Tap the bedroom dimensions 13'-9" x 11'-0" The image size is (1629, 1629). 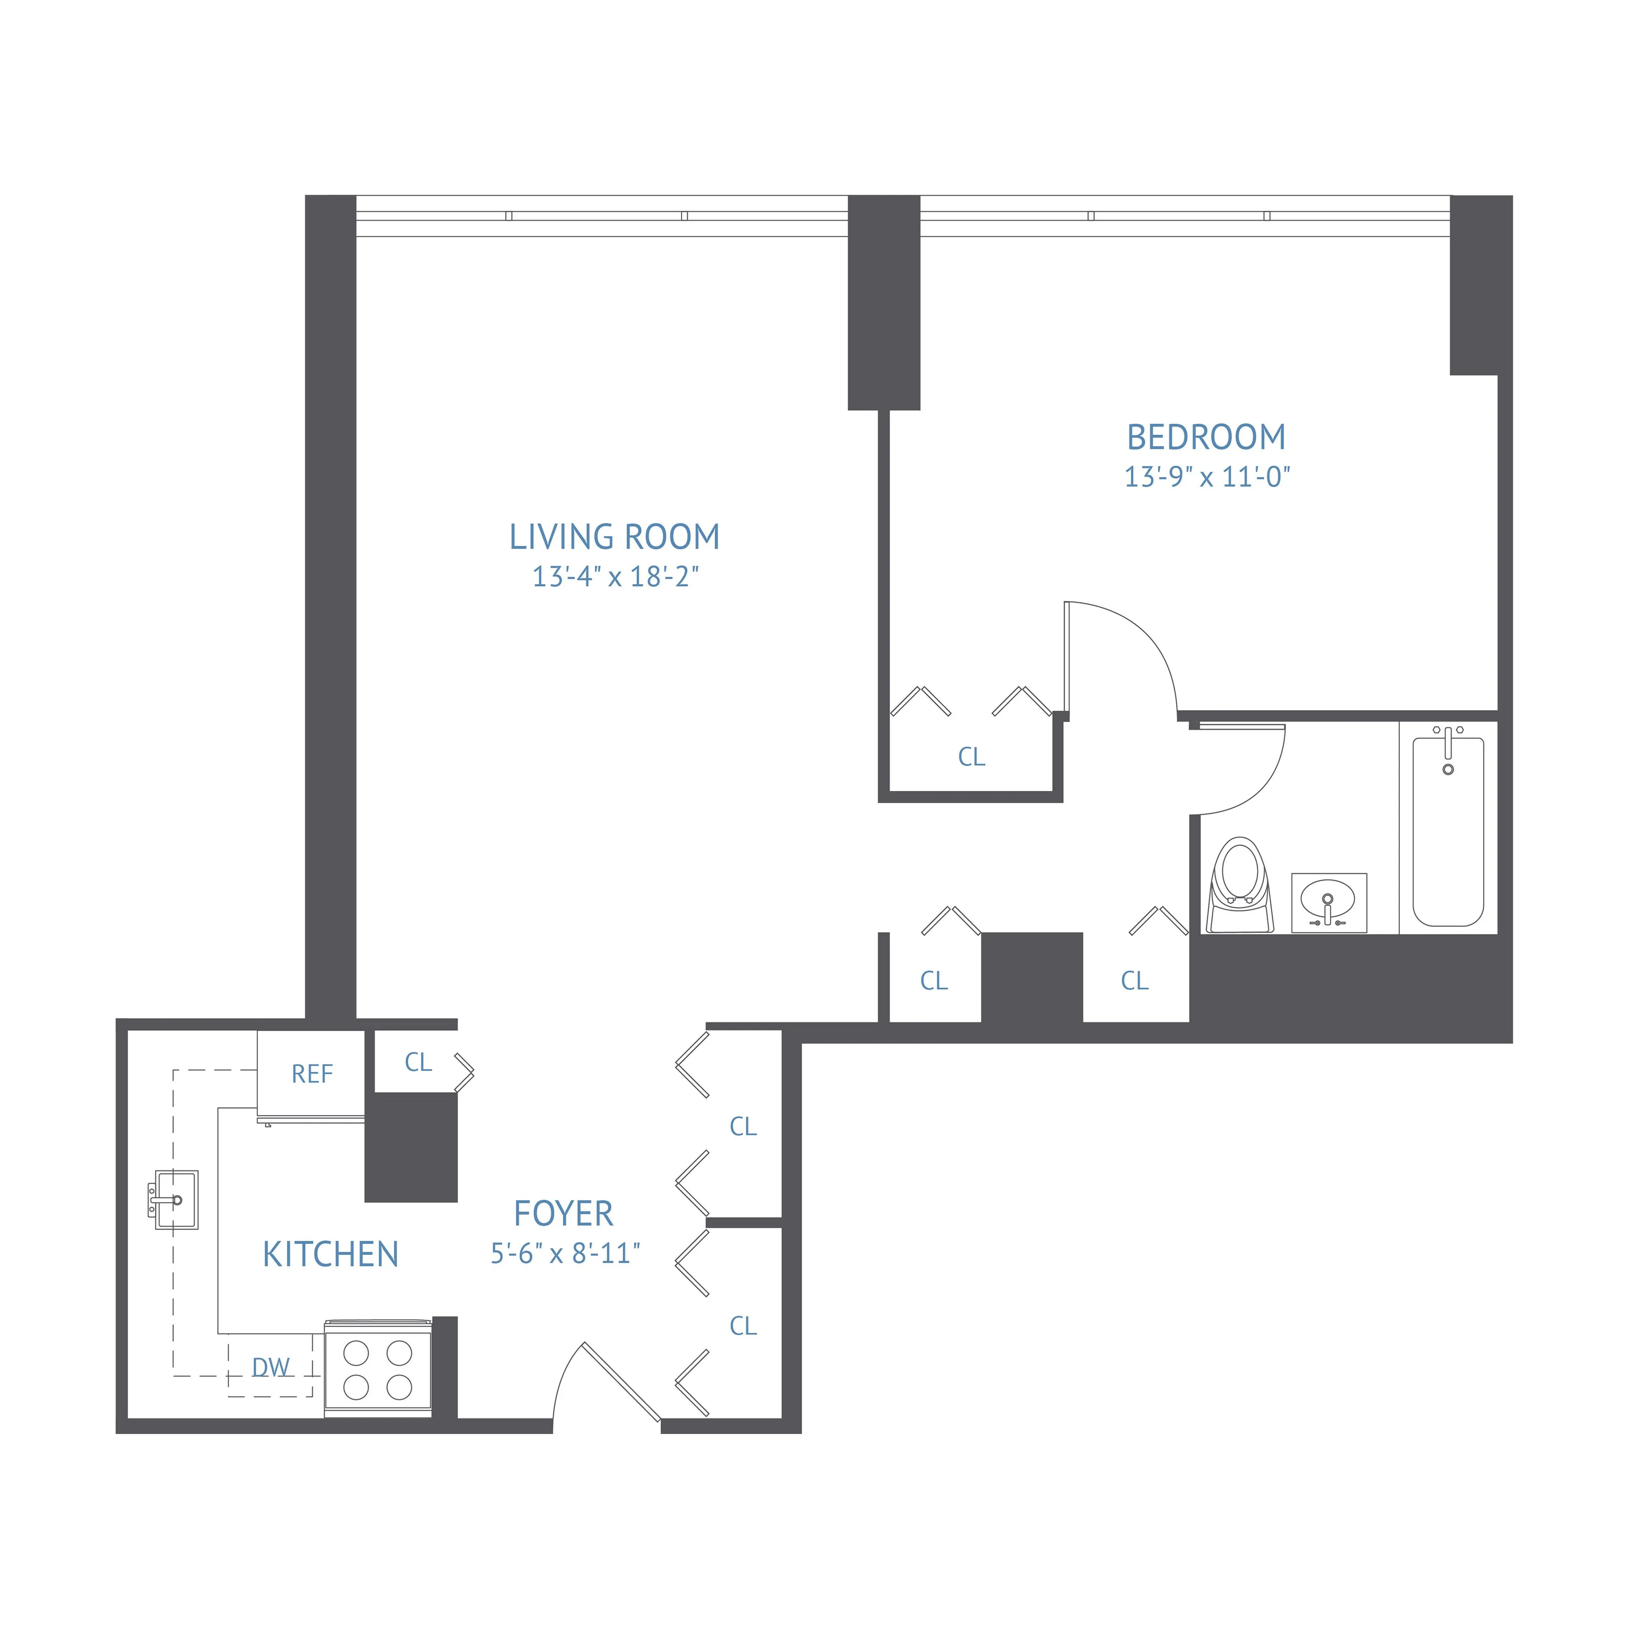[x=1206, y=477]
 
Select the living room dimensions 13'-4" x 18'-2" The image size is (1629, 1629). [x=615, y=577]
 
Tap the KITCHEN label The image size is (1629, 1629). [x=330, y=1255]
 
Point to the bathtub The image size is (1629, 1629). [x=1448, y=831]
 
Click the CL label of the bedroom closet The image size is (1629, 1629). [x=971, y=757]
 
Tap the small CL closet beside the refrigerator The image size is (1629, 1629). [x=418, y=1062]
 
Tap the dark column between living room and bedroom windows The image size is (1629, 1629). [x=884, y=304]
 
